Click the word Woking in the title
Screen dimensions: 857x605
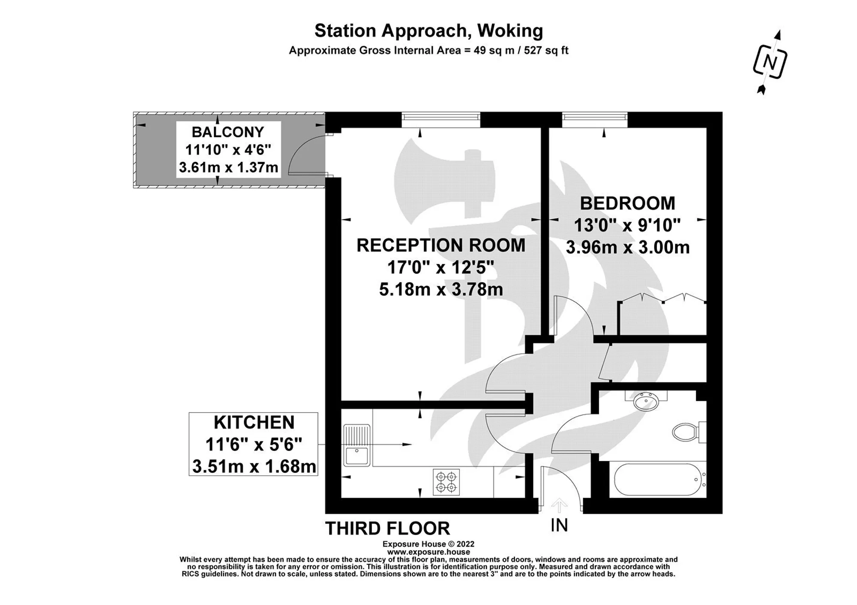tap(510, 31)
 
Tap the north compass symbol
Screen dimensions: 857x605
tap(770, 63)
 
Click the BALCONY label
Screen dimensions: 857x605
tap(228, 132)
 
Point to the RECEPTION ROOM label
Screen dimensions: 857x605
tap(441, 245)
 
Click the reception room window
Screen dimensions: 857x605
tap(440, 120)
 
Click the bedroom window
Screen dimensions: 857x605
tap(595, 120)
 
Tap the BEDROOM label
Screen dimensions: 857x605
tap(627, 203)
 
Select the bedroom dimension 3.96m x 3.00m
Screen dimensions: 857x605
tap(628, 247)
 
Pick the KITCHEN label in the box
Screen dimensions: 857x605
tap(254, 423)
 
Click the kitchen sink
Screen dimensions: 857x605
tap(357, 445)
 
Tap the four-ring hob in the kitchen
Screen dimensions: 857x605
tap(446, 482)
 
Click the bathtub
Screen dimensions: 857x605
tap(660, 480)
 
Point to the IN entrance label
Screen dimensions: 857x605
tap(559, 525)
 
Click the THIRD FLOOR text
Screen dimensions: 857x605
tap(388, 528)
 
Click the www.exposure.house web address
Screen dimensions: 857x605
tap(428, 552)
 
